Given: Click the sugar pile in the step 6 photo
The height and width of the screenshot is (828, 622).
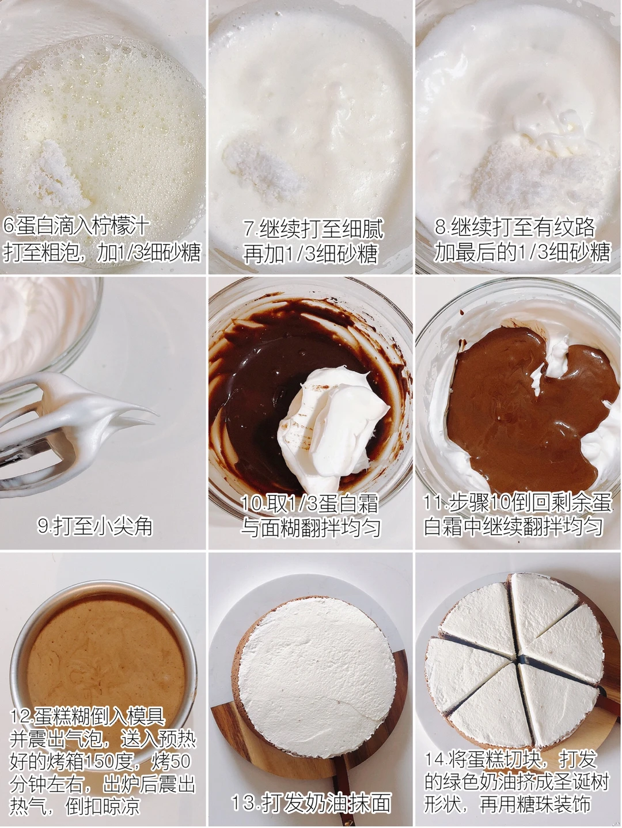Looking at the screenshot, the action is point(56,177).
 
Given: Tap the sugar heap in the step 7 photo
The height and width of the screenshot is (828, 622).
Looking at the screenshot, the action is point(260,170).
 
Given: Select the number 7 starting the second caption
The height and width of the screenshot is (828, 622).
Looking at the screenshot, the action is point(249,228).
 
